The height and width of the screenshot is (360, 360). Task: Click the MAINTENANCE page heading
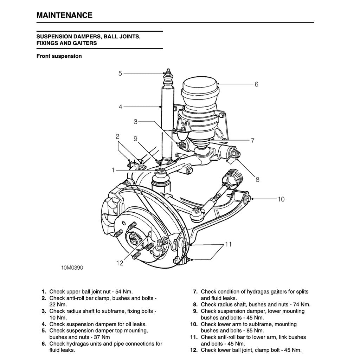[64, 15]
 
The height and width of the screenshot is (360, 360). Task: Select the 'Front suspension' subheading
[59, 56]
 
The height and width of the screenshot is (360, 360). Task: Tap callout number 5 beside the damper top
[120, 73]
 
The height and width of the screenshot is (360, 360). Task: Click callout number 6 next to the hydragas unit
[256, 84]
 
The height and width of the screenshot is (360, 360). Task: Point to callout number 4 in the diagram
[120, 107]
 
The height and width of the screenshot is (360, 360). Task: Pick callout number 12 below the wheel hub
[120, 263]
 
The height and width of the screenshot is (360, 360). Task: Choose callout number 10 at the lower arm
[281, 199]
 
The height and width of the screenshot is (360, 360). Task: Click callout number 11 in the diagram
[229, 244]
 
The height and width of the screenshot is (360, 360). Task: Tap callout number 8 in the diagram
[257, 180]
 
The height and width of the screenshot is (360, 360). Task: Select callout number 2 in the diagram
[118, 136]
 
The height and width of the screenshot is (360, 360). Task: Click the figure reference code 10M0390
[72, 268]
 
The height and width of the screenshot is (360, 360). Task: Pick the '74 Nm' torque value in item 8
[302, 304]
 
